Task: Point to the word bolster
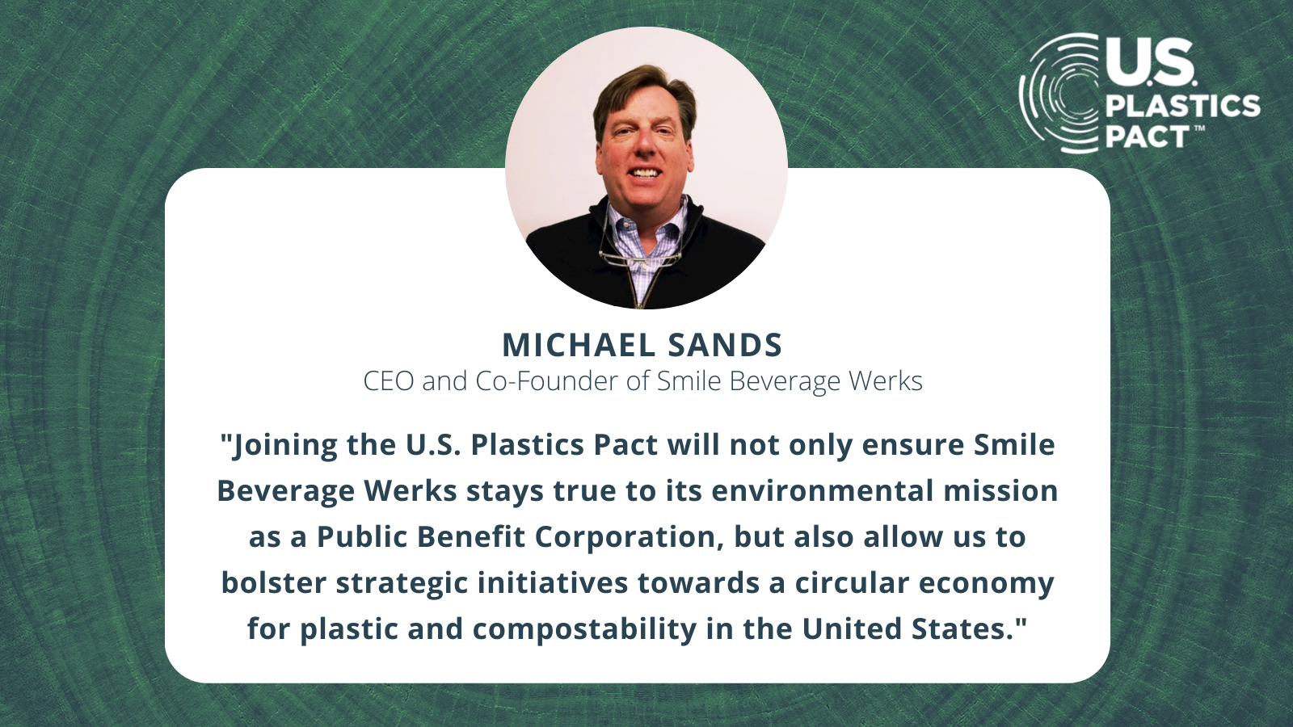(x=273, y=582)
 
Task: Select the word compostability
(x=585, y=630)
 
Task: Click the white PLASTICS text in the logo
(x=1182, y=107)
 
